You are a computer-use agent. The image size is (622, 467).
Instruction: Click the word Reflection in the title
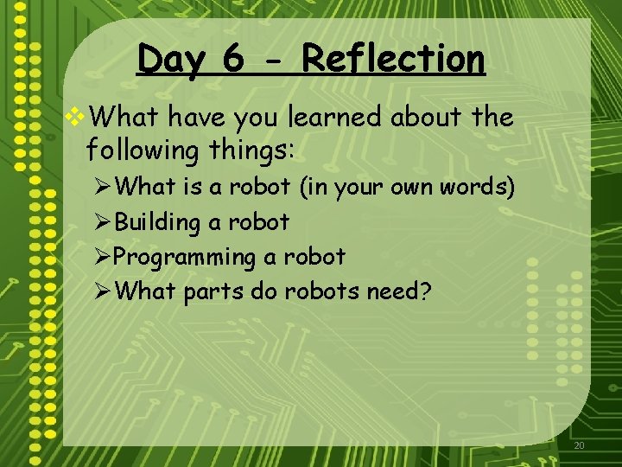click(393, 60)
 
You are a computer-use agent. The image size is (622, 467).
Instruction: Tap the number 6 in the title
click(233, 60)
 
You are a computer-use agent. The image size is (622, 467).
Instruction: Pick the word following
click(143, 150)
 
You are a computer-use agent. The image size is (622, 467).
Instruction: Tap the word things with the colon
click(252, 150)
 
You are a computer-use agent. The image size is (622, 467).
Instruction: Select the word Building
click(156, 222)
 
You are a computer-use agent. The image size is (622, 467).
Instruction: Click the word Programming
click(184, 258)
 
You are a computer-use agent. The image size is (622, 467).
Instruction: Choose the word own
click(421, 187)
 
